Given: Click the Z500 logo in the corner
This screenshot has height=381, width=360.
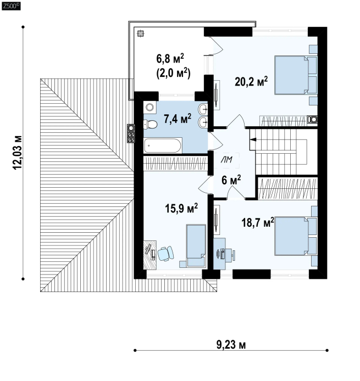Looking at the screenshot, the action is [x=11, y=6].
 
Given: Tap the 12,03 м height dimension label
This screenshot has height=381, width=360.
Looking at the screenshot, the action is [x=18, y=153].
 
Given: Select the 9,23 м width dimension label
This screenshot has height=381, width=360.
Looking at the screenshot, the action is [x=231, y=345].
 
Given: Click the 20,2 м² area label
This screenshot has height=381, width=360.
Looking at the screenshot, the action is [x=251, y=81].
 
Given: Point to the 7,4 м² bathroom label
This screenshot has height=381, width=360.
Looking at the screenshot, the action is [x=178, y=119].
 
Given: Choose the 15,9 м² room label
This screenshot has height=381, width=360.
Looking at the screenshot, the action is [x=181, y=208].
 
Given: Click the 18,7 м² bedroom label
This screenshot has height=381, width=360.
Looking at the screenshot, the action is [x=258, y=222].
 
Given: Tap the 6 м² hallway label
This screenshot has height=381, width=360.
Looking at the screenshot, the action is [x=231, y=180].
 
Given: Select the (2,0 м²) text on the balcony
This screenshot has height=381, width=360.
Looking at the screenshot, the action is [x=173, y=73].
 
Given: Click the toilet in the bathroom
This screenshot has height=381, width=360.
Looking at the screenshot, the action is [x=151, y=125].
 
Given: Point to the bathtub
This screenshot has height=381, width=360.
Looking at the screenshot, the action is [x=163, y=145].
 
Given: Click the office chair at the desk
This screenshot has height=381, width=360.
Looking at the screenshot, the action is [x=165, y=254].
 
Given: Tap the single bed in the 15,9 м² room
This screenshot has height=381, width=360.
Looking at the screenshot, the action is [x=196, y=245].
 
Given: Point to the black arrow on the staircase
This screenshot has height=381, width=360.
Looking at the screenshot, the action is [x=253, y=139].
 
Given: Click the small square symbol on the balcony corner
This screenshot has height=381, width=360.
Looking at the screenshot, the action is [x=140, y=33].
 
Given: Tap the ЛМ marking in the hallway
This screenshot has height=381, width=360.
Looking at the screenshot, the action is [x=226, y=160].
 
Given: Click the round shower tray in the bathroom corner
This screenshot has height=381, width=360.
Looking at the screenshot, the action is [x=149, y=107].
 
